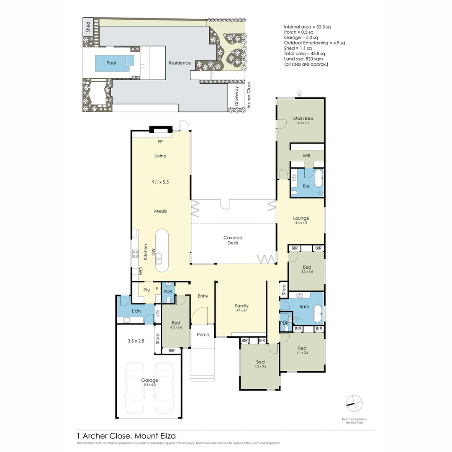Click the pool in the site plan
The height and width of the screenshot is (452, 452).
111,63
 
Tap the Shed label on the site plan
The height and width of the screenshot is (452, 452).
88,27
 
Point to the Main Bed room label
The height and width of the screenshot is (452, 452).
303,118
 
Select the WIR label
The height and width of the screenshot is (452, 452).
306,156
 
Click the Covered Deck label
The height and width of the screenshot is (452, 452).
233,240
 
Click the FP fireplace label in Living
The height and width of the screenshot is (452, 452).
160,142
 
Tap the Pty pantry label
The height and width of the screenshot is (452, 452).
146,290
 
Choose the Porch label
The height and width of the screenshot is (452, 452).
203,334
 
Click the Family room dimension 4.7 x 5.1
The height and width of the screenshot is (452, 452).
241,311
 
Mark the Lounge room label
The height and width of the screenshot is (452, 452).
301,218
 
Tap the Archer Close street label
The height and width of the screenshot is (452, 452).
249,95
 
